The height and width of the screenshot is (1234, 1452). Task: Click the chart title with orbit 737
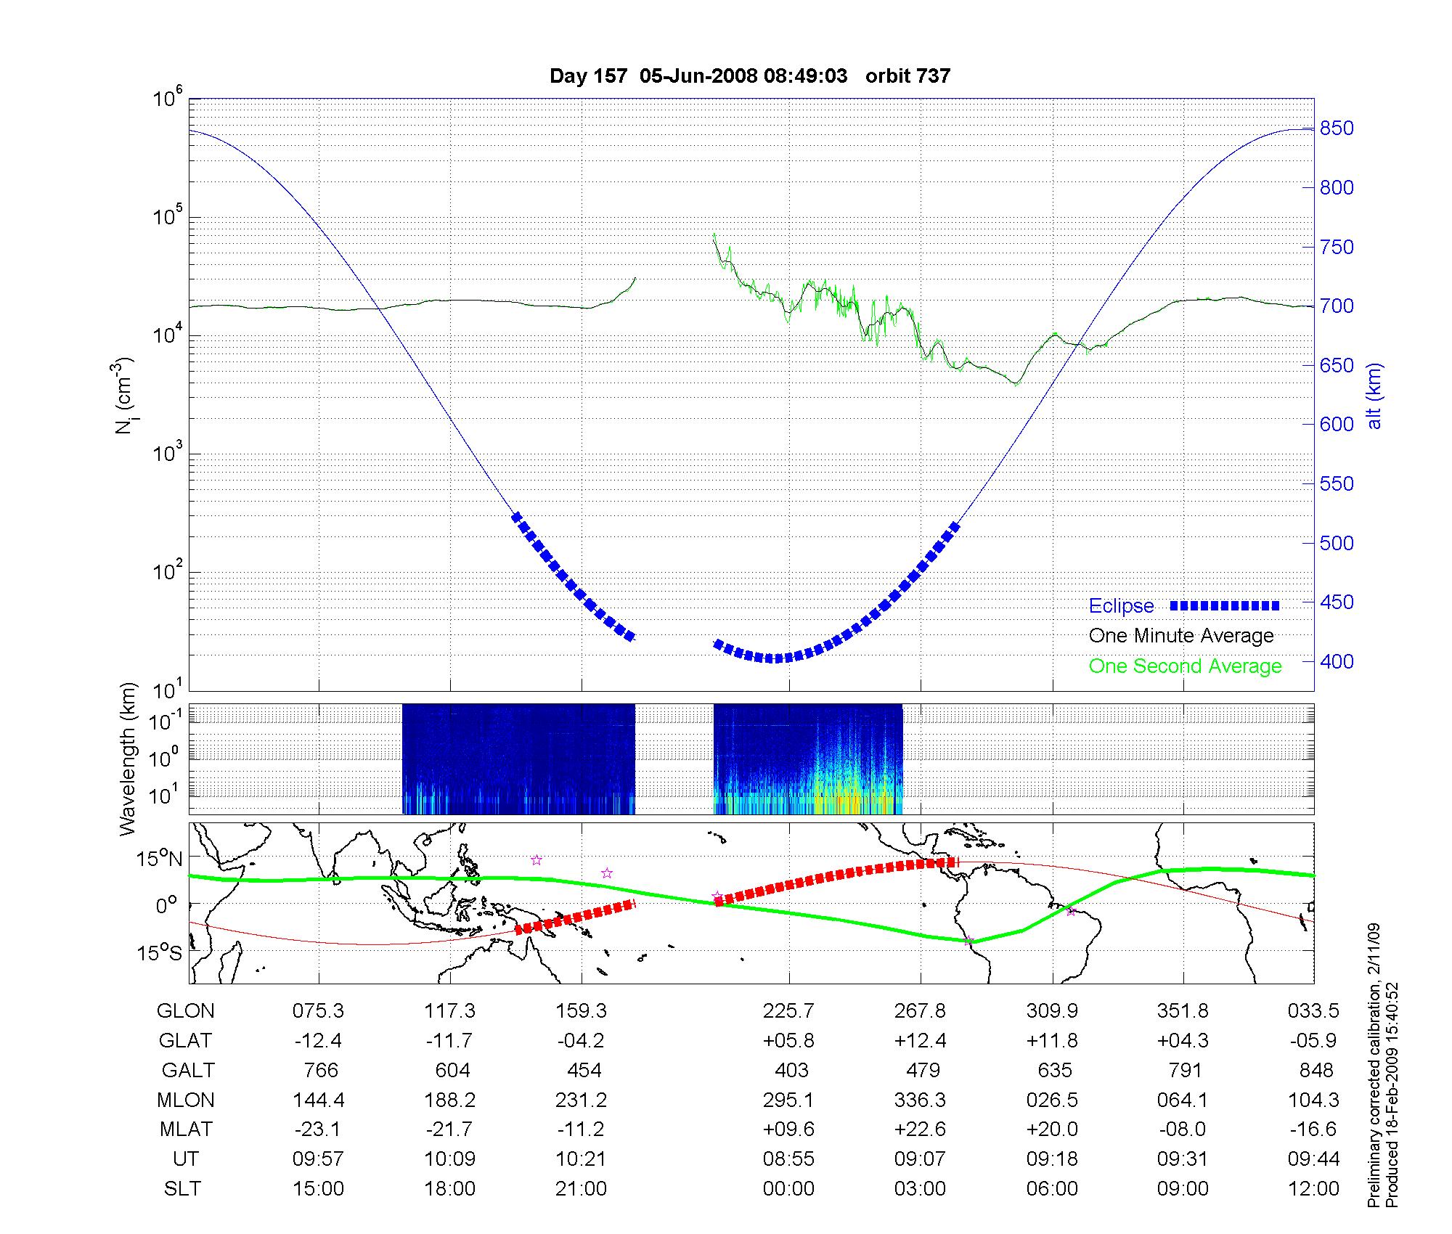click(750, 76)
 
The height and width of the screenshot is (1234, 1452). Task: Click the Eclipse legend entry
click(1121, 606)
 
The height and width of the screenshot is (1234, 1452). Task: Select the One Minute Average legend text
click(1181, 636)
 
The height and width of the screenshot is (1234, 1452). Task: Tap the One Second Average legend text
click(1185, 666)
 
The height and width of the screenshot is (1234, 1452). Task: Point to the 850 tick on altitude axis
click(1336, 128)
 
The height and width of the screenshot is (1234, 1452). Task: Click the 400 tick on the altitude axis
click(1336, 661)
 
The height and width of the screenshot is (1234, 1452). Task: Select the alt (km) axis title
click(1374, 396)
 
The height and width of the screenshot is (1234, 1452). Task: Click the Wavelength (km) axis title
click(128, 759)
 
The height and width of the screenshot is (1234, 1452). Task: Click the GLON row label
click(186, 1011)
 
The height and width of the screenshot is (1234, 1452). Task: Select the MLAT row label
click(186, 1129)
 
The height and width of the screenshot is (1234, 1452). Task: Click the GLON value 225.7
click(788, 1011)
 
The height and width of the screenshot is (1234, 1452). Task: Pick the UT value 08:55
click(788, 1159)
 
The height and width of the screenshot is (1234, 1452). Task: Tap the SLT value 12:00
click(1314, 1189)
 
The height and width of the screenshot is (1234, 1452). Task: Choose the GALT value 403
click(791, 1071)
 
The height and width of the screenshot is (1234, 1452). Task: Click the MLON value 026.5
click(1052, 1100)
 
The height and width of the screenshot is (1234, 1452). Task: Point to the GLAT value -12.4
click(318, 1041)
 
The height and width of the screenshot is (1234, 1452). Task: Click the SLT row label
click(182, 1189)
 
